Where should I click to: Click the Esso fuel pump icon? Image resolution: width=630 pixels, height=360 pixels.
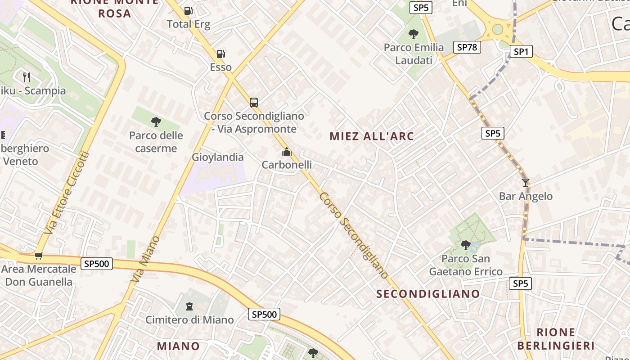pyautogui.click(x=220, y=54)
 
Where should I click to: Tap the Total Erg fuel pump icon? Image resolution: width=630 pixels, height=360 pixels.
pyautogui.click(x=189, y=11)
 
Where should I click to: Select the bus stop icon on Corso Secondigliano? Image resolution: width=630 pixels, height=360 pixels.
pyautogui.click(x=254, y=103)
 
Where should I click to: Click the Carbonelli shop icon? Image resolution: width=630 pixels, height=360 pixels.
pyautogui.click(x=287, y=152)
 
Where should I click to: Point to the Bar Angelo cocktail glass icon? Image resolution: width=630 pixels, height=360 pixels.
pyautogui.click(x=525, y=183)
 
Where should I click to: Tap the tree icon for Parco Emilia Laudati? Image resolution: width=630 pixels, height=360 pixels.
pyautogui.click(x=413, y=34)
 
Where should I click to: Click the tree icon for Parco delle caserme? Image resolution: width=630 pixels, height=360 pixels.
pyautogui.click(x=156, y=122)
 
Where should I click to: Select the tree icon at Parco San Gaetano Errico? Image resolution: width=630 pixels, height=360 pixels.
pyautogui.click(x=466, y=245)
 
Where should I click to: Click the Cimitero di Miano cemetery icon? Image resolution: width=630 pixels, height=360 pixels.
pyautogui.click(x=189, y=306)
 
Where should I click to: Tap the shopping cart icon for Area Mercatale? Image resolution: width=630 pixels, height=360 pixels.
pyautogui.click(x=38, y=256)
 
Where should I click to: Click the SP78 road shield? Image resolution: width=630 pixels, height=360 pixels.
pyautogui.click(x=467, y=47)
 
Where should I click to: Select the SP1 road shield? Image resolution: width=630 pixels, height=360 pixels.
pyautogui.click(x=521, y=52)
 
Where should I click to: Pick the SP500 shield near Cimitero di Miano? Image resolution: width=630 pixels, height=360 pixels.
pyautogui.click(x=264, y=314)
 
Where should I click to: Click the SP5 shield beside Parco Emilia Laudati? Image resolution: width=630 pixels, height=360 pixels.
pyautogui.click(x=421, y=8)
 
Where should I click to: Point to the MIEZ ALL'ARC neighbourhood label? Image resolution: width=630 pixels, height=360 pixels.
pyautogui.click(x=372, y=136)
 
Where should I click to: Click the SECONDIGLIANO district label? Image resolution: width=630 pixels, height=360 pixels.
pyautogui.click(x=428, y=294)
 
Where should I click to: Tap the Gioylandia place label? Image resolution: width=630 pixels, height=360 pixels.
pyautogui.click(x=218, y=157)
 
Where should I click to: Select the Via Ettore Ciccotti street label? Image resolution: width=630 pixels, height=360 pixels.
pyautogui.click(x=67, y=193)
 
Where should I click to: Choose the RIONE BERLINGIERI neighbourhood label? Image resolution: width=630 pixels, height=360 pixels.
pyautogui.click(x=556, y=339)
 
